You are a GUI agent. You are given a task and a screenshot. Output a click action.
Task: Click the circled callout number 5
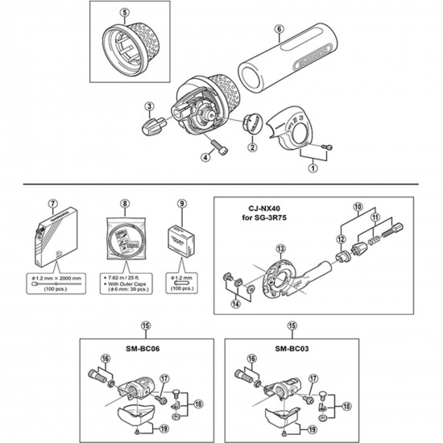(125, 13)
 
